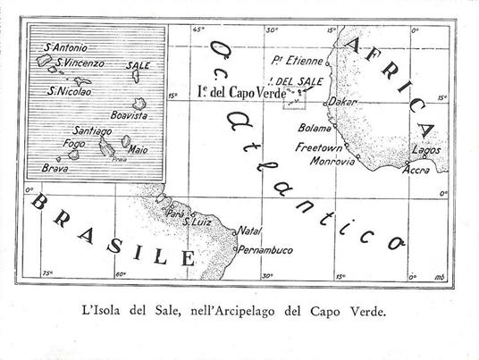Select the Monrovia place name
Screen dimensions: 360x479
point(326,162)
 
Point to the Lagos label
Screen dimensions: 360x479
point(427,154)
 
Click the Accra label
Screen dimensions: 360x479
point(418,169)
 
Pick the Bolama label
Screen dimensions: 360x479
point(315,127)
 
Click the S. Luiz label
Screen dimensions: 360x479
point(197,221)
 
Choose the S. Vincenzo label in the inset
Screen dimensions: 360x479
point(81,63)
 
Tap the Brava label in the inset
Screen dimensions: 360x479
point(55,167)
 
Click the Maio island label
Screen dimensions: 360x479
point(138,149)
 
